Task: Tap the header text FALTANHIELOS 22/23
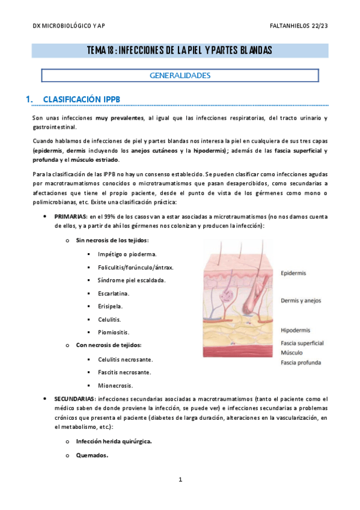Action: (299, 25)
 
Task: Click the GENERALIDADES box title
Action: (180, 76)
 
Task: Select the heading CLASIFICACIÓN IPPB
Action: (82, 99)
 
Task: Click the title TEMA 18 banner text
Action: (179, 50)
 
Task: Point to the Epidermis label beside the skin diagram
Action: (293, 273)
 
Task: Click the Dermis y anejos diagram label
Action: (302, 301)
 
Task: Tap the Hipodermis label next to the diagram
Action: (296, 330)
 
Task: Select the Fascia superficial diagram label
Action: (302, 343)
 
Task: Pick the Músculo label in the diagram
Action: (292, 353)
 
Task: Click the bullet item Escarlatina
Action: (114, 293)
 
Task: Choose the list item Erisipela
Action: (110, 306)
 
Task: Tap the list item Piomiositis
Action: (113, 332)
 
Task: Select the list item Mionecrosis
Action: (115, 386)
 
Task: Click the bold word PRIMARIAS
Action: (70, 216)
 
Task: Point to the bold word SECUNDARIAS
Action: (74, 399)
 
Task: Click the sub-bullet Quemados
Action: (91, 455)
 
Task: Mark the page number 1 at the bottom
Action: (180, 480)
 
